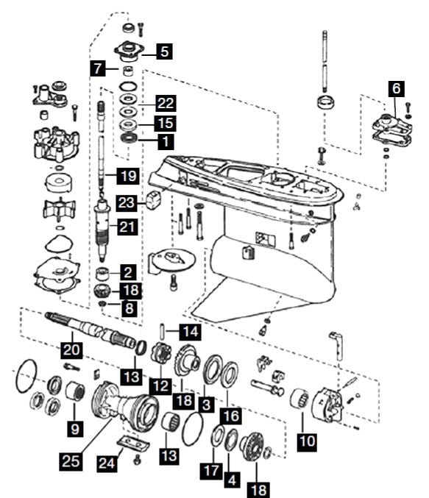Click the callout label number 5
[x=164, y=51]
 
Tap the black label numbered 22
[x=166, y=103]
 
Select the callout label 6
[x=397, y=88]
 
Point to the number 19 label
[x=128, y=176]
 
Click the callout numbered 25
[x=71, y=460]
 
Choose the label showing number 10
[x=308, y=441]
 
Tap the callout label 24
[x=107, y=463]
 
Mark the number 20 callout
[x=71, y=350]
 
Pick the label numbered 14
[x=191, y=332]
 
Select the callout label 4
[x=232, y=480]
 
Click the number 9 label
[x=75, y=429]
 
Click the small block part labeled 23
[x=154, y=200]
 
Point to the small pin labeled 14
[x=162, y=331]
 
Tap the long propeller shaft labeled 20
[x=92, y=330]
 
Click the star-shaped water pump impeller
[x=59, y=209]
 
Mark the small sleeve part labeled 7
[x=128, y=71]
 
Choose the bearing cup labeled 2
[x=102, y=274]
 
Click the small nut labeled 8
[x=102, y=304]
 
